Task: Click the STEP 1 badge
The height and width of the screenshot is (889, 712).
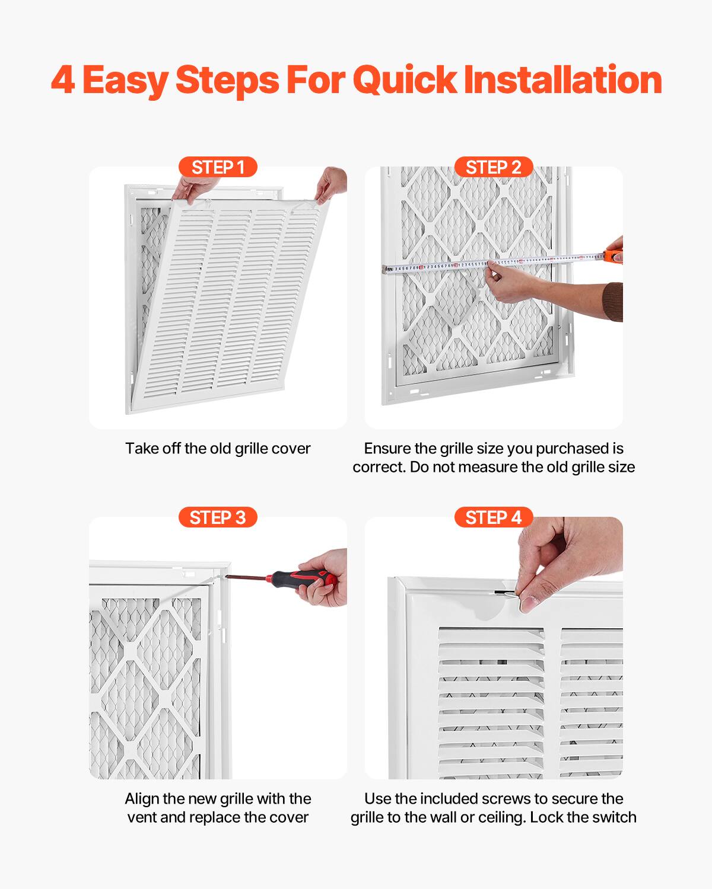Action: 218,167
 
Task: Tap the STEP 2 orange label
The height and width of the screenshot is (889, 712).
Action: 494,167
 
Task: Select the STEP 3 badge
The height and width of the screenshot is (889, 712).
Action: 218,517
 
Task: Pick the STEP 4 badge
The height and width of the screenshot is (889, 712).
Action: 494,517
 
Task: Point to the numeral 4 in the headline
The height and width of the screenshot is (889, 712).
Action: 62,80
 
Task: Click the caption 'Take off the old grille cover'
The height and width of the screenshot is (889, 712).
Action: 218,448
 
